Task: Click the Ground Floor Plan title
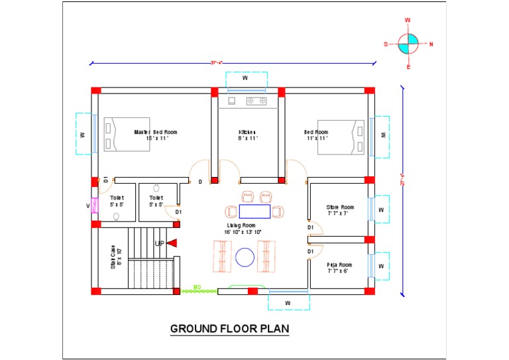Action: click(229, 328)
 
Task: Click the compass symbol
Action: click(408, 44)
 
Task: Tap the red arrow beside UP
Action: click(172, 243)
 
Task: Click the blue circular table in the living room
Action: click(245, 257)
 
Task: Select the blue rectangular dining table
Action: click(254, 211)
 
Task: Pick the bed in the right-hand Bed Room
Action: click(341, 137)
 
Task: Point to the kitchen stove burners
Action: click(256, 101)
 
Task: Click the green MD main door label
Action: click(197, 286)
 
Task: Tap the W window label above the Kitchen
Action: click(245, 78)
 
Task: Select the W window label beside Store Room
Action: click(380, 210)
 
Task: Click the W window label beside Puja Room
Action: click(380, 266)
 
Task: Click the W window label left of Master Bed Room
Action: click(82, 134)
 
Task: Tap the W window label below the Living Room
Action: click(288, 303)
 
